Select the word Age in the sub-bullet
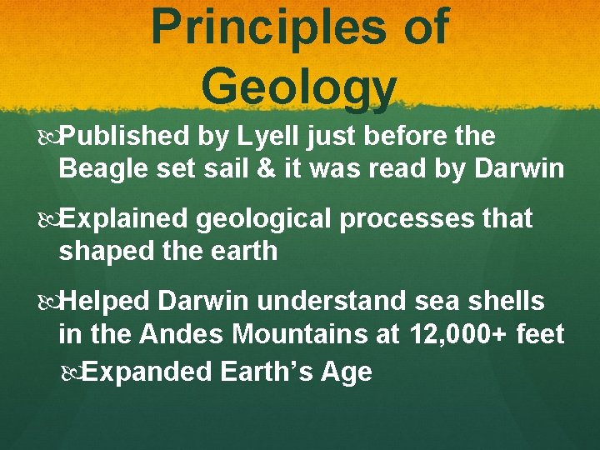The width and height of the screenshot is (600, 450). coord(349,372)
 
